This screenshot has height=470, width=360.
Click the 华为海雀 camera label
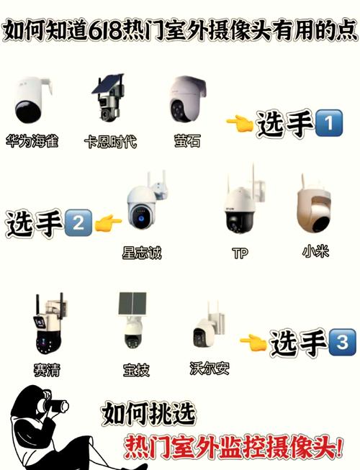click(31, 140)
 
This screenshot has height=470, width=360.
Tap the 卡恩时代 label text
click(110, 140)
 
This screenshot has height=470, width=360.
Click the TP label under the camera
click(240, 253)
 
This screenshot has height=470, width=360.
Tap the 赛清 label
click(48, 369)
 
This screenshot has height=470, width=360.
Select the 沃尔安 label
click(210, 369)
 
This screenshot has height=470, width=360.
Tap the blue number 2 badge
click(78, 224)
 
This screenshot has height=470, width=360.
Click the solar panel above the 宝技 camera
click(134, 304)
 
